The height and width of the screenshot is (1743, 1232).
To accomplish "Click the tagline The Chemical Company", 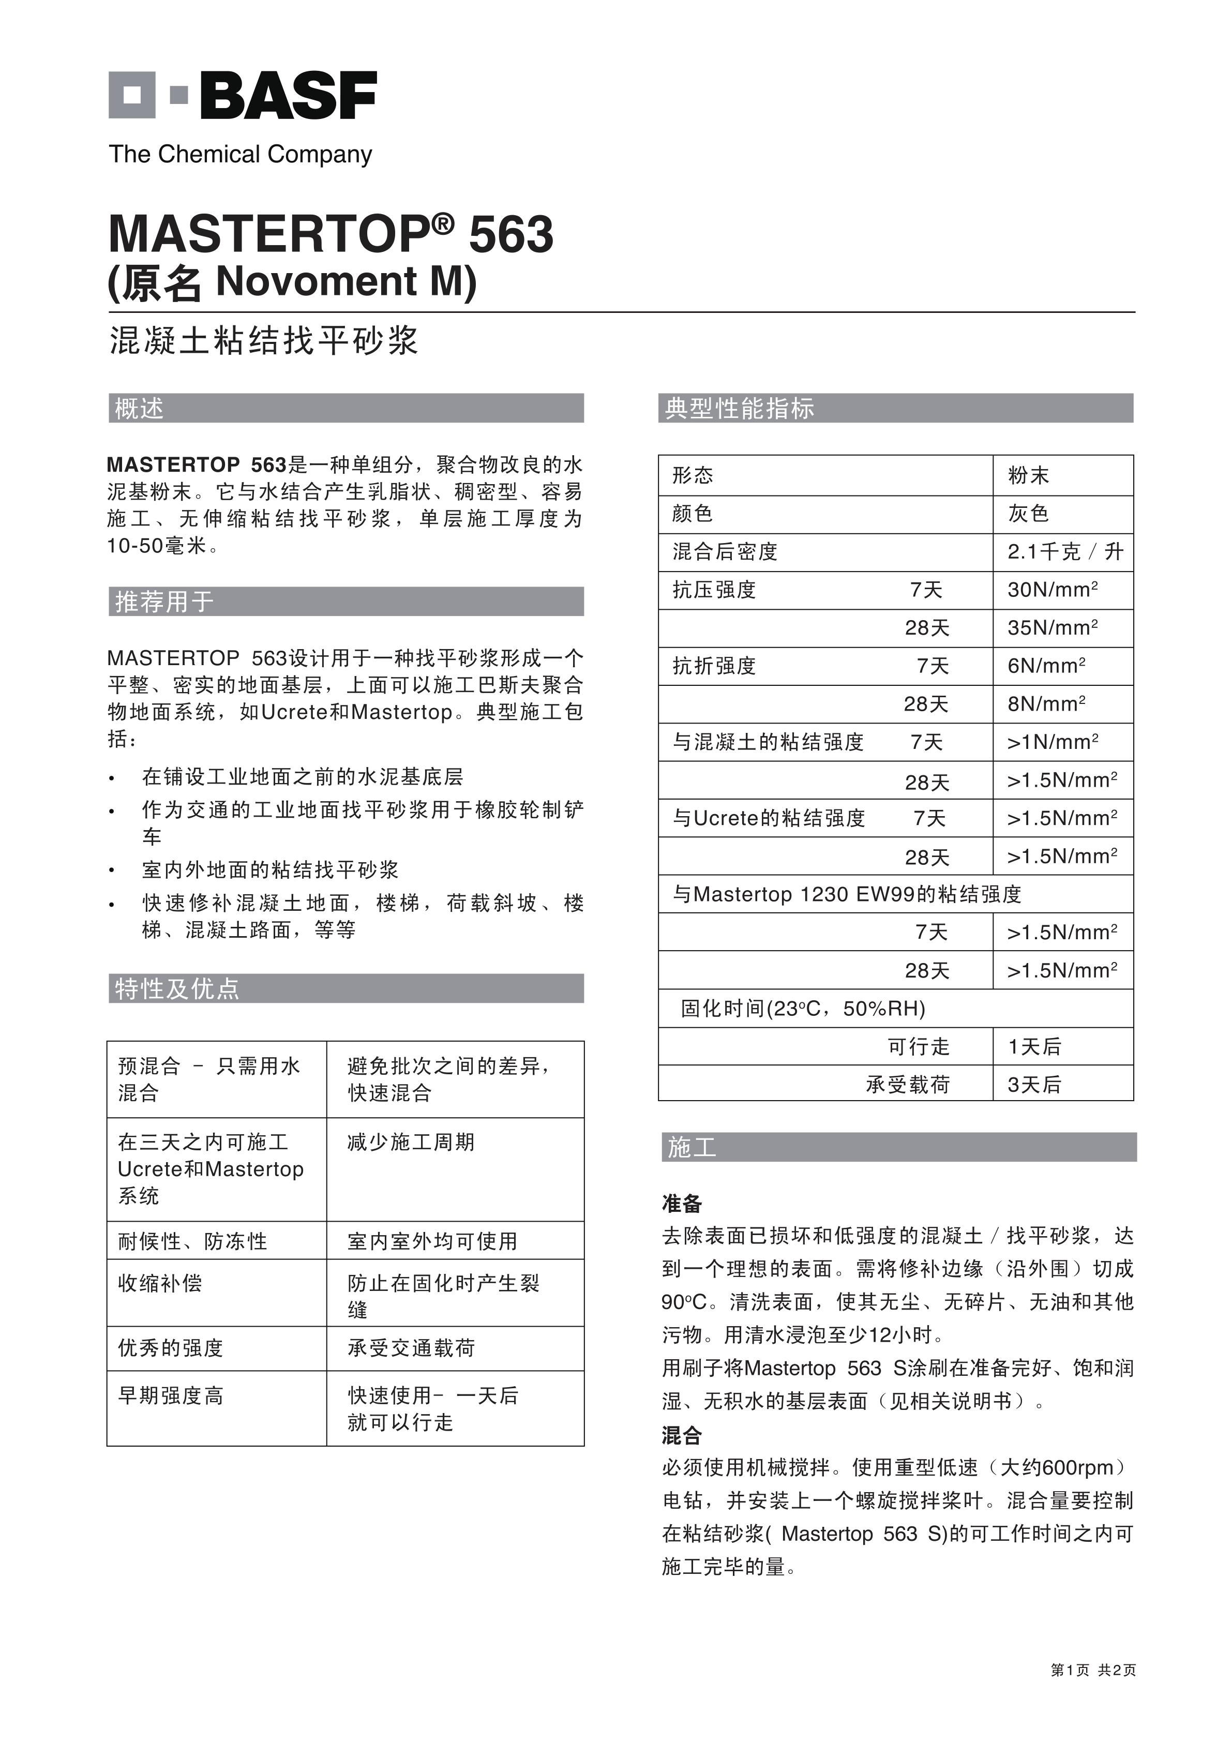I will pos(241,154).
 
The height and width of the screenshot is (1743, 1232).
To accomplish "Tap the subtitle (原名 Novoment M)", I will pos(292,282).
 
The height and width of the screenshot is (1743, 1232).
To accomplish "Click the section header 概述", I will pos(139,409).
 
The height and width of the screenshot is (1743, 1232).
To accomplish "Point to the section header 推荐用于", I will pos(164,602).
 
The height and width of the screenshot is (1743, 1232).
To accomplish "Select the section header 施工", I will pos(692,1147).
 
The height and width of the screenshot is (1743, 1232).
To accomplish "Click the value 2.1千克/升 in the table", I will pos(1064,552).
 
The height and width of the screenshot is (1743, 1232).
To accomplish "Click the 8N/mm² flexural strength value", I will pos(1046,704).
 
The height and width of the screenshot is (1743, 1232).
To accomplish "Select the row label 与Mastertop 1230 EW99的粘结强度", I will pos(846,894).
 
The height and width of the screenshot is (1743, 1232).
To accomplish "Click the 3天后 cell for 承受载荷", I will pos(1034,1084).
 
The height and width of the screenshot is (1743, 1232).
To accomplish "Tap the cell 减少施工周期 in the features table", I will pos(411,1143).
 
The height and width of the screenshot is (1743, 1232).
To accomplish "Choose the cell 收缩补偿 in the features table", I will pos(160,1283).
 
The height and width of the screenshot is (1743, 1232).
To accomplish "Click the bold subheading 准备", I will pos(682,1203).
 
